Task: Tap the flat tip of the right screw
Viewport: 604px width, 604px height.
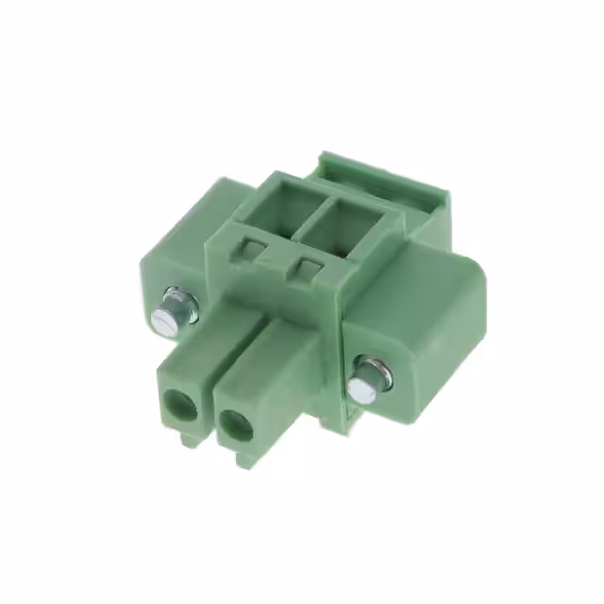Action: click(360, 388)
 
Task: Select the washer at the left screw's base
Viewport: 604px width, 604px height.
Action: click(185, 303)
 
